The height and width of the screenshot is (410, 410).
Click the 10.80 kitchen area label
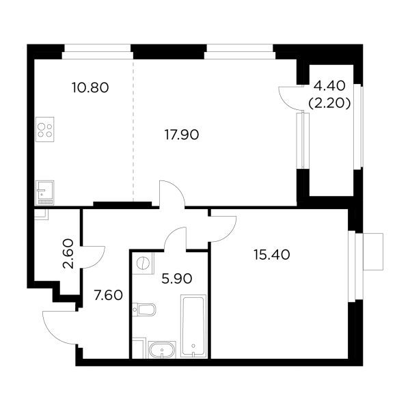[x=90, y=87]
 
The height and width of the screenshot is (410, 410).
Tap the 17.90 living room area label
[x=182, y=135]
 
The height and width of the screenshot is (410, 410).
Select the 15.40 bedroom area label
[x=272, y=255]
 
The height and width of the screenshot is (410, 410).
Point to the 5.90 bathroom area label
[x=177, y=279]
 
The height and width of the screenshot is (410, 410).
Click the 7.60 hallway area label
[x=108, y=295]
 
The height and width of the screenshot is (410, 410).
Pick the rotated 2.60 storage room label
[x=68, y=254]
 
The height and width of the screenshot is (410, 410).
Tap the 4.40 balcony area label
[x=330, y=86]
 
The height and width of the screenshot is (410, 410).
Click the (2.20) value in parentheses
[x=330, y=104]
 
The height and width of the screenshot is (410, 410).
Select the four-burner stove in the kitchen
[x=44, y=129]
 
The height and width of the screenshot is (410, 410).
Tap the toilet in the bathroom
[x=144, y=310]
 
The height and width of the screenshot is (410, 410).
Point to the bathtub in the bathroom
[x=193, y=326]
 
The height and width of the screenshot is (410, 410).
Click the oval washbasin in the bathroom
[x=162, y=350]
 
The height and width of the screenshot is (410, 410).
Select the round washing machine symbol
[x=143, y=263]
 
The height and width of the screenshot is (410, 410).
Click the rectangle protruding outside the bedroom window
[x=373, y=251]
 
